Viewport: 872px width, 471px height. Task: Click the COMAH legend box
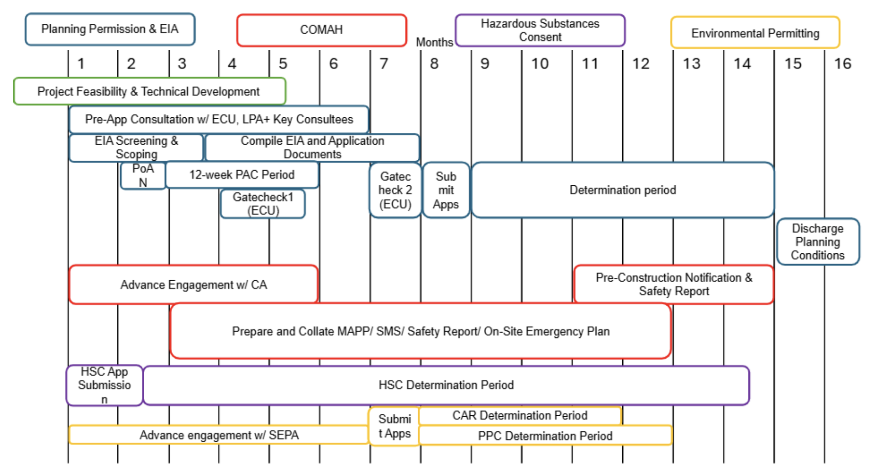(x=321, y=30)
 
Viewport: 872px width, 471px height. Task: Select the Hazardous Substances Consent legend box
(x=540, y=30)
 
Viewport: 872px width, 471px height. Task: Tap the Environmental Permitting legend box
(x=755, y=33)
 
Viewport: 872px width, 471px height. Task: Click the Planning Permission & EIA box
(x=110, y=29)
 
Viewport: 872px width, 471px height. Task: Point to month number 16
(x=842, y=64)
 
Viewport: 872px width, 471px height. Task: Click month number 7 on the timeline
(x=383, y=64)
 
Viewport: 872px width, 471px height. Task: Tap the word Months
(x=434, y=42)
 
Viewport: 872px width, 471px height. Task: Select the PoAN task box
(x=143, y=176)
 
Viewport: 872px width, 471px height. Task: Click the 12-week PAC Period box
(x=242, y=175)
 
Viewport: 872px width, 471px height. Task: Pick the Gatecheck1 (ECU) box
(x=263, y=204)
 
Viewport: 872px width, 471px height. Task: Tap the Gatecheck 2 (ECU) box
(x=395, y=190)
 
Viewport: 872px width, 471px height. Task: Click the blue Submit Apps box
(x=446, y=190)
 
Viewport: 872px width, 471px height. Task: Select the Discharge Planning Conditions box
(x=818, y=242)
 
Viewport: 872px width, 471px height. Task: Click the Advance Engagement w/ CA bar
(x=194, y=285)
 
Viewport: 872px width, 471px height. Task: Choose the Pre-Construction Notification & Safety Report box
(x=674, y=285)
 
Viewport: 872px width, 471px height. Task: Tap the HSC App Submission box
(x=105, y=386)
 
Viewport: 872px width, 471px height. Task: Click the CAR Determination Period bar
(x=520, y=416)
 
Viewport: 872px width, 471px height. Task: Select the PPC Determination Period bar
(x=545, y=436)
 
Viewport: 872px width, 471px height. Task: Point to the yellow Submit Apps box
(x=394, y=426)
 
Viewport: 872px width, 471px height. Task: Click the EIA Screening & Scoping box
(x=136, y=147)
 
